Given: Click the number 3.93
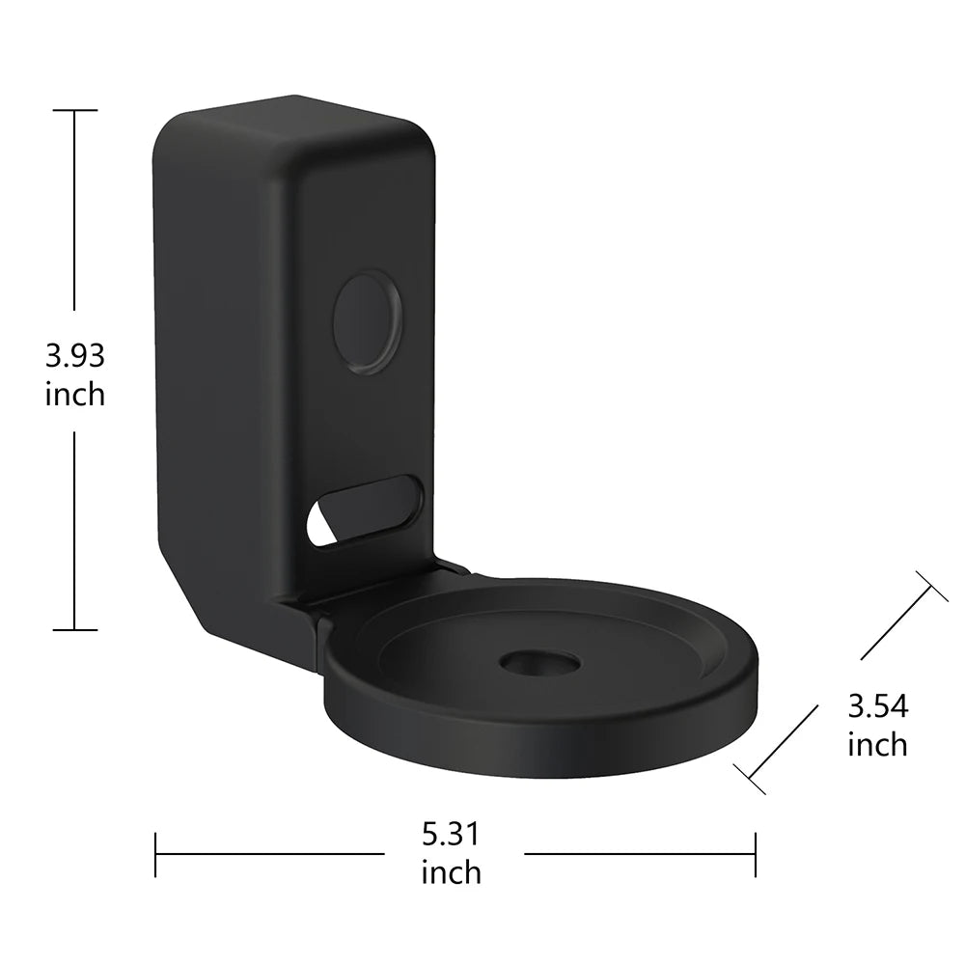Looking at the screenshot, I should coord(74,355).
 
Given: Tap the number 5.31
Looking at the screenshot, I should coord(451,832).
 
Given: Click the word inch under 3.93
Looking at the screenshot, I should coord(74,394).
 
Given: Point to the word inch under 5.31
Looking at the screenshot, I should coord(451,872).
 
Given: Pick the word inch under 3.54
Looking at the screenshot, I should coord(877,744).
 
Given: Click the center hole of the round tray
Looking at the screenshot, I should coord(539,664).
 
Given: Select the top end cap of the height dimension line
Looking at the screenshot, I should coord(74,111).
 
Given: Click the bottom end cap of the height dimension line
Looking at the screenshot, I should coord(74,629).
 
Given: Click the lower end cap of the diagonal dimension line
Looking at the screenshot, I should coord(750,778).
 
